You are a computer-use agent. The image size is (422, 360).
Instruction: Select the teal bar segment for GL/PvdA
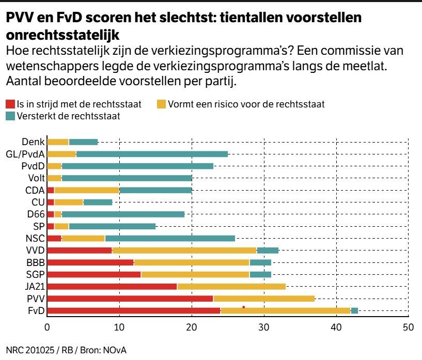(x=152, y=154)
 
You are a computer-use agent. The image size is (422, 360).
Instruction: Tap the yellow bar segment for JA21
(x=231, y=287)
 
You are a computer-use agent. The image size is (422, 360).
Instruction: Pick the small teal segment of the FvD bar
(x=354, y=311)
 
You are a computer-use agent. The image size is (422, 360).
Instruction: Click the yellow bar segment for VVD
(x=184, y=251)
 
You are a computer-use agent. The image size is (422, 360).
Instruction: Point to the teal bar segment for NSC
(x=170, y=238)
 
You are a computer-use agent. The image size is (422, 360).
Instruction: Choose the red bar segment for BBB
(x=90, y=262)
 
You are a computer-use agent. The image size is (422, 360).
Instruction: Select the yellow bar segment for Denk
(x=58, y=142)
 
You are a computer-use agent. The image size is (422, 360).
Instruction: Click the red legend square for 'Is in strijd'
(x=10, y=104)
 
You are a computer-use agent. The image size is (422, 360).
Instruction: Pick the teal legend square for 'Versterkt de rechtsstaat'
(x=10, y=116)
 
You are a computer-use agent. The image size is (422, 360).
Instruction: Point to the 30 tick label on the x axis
(x=264, y=327)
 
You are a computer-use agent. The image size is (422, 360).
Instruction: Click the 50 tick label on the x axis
(x=408, y=327)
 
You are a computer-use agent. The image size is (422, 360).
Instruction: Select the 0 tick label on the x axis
(x=48, y=327)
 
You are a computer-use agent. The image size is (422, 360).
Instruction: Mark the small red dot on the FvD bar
(x=243, y=307)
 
